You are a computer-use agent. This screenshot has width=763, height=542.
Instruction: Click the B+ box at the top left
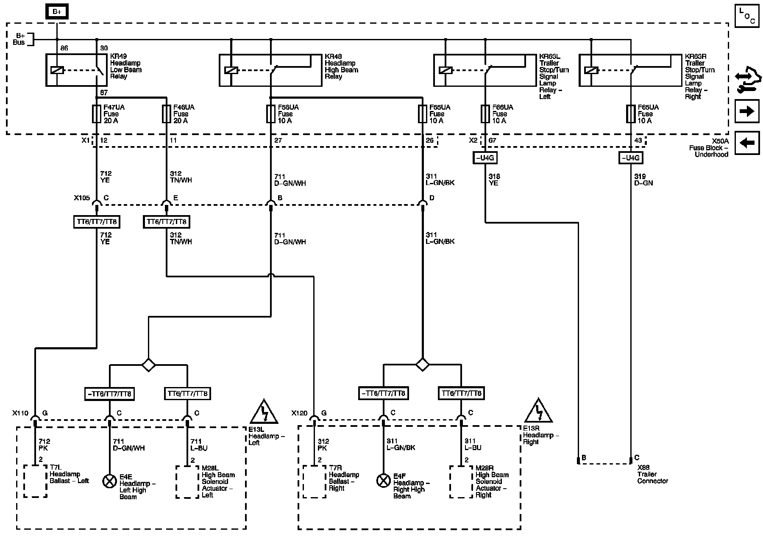click(57, 12)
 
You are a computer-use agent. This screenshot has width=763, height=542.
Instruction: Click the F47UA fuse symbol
click(97, 114)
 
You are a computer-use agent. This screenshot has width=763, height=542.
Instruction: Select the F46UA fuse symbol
click(167, 114)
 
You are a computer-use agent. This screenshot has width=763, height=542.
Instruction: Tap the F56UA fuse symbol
click(271, 114)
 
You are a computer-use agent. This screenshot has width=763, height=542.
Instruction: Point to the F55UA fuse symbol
click(422, 114)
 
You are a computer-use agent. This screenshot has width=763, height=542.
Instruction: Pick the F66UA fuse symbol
click(485, 114)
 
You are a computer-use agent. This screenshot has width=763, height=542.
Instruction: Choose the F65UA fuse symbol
click(630, 114)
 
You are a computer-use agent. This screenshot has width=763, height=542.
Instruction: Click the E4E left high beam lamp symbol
click(110, 481)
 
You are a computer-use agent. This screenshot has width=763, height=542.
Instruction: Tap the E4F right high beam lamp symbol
click(384, 480)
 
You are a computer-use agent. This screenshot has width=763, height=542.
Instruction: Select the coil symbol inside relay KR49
click(57, 70)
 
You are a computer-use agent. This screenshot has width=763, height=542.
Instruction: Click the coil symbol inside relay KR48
click(231, 70)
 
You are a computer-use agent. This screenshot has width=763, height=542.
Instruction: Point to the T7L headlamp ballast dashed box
click(35, 481)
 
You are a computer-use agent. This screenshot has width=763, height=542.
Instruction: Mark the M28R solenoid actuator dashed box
click(461, 481)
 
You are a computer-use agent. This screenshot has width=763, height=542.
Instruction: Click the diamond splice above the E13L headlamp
click(148, 365)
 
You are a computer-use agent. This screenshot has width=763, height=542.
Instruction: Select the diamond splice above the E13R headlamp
click(422, 364)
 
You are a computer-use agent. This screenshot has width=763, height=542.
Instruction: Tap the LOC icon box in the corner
click(747, 16)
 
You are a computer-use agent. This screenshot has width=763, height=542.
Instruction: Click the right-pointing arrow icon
click(747, 111)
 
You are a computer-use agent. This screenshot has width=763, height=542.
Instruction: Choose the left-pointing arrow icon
click(747, 143)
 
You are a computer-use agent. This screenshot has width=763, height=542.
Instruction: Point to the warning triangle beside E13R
click(538, 411)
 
